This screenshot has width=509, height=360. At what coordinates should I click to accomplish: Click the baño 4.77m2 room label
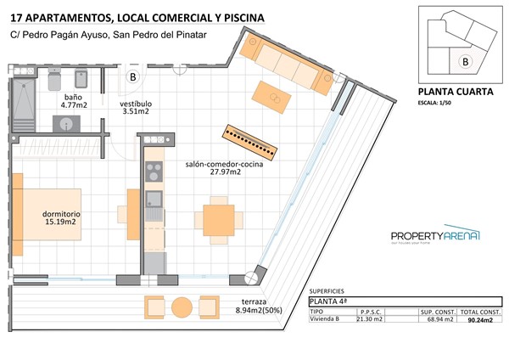click(x=73, y=102)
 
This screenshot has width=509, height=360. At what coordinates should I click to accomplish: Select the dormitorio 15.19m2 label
click(x=61, y=218)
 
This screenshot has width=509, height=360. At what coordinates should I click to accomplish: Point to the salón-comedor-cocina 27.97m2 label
click(x=224, y=168)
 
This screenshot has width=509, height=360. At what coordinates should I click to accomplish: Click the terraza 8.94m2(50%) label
click(x=253, y=307)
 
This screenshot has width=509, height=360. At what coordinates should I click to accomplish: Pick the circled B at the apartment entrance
click(x=133, y=77)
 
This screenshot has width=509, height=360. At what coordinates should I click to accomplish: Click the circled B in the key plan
click(x=464, y=60)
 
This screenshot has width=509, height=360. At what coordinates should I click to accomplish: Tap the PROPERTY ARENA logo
click(x=435, y=237)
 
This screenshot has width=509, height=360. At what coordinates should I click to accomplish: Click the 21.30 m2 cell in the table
click(x=370, y=320)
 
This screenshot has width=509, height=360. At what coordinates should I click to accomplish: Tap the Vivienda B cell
click(x=326, y=320)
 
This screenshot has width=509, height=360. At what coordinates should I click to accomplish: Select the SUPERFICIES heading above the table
click(x=329, y=290)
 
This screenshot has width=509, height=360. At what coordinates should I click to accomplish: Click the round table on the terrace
click(x=182, y=307)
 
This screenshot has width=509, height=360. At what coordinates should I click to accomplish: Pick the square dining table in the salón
click(x=218, y=219)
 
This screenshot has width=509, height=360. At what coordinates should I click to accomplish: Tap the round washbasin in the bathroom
click(x=67, y=124)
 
